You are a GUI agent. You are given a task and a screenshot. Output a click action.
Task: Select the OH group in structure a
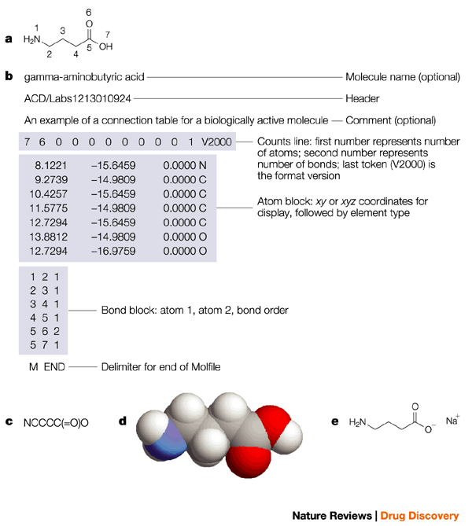click(x=105, y=46)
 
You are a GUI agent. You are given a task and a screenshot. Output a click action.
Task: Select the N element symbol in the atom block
click(x=202, y=167)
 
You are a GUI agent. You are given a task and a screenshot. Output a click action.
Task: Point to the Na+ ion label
click(x=453, y=420)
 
